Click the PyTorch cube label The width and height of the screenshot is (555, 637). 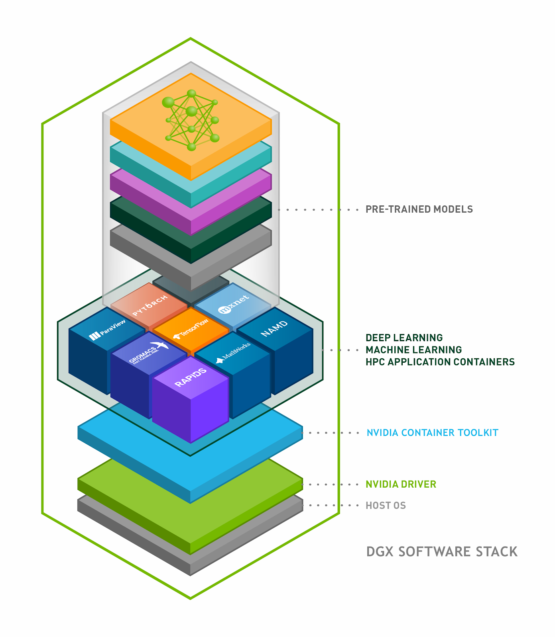[150, 306]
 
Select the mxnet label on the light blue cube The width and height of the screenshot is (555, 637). [234, 304]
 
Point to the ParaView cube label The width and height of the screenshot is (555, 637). [107, 330]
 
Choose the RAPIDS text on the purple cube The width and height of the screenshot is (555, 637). [191, 377]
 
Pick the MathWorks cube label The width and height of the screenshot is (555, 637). [233, 352]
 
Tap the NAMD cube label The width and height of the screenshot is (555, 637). [274, 328]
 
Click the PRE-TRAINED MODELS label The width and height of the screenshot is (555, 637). [419, 209]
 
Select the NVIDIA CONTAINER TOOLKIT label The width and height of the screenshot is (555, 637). [432, 433]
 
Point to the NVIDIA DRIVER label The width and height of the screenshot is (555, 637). [401, 485]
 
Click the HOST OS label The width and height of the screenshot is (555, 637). [386, 506]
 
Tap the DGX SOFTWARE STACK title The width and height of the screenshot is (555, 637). [442, 552]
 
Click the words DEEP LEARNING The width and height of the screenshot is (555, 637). [404, 338]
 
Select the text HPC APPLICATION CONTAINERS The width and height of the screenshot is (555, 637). [440, 362]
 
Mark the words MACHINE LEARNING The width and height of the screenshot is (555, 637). [413, 350]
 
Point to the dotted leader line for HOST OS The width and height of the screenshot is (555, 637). [331, 506]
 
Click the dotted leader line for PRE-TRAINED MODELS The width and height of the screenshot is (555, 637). [319, 209]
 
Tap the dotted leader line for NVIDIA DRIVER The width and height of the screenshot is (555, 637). [331, 485]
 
